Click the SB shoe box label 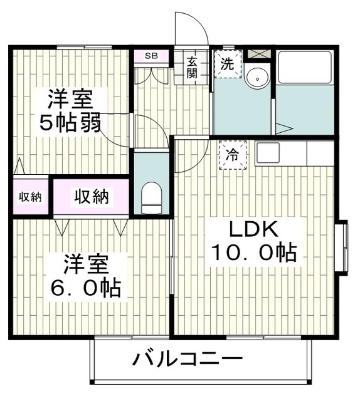point(151,56)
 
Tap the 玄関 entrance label point(191,67)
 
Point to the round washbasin point(256,78)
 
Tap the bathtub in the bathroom point(304,67)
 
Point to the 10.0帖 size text point(253,253)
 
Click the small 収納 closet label point(29,197)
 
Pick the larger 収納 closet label point(92,197)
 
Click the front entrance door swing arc point(191,28)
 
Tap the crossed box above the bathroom point(257,54)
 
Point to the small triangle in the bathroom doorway point(283,128)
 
